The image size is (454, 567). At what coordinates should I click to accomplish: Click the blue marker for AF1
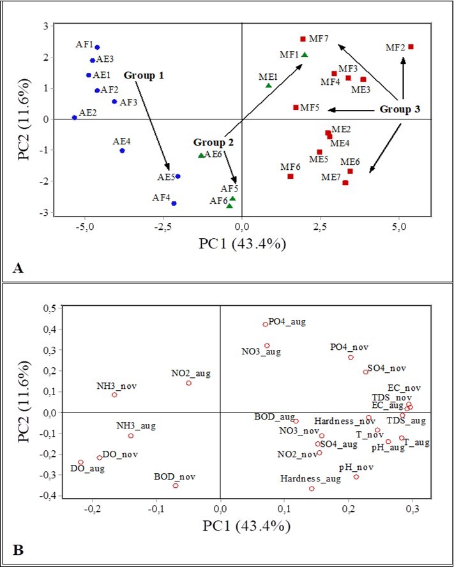tap(97, 47)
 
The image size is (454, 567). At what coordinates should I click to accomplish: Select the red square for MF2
tap(411, 47)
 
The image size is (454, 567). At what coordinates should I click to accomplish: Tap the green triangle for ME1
tap(269, 85)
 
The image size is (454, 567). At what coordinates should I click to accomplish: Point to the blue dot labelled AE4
tap(122, 151)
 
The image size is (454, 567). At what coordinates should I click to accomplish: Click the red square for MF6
tap(290, 176)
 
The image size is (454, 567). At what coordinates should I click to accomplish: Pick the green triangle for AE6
tap(201, 155)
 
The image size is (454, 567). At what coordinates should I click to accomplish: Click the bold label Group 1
tap(144, 75)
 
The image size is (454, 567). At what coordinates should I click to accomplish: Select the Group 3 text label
tap(400, 109)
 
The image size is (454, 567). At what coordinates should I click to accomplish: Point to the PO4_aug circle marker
tap(266, 324)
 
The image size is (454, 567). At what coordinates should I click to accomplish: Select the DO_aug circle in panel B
tap(81, 462)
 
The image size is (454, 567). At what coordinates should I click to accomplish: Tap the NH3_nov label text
tap(117, 386)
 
